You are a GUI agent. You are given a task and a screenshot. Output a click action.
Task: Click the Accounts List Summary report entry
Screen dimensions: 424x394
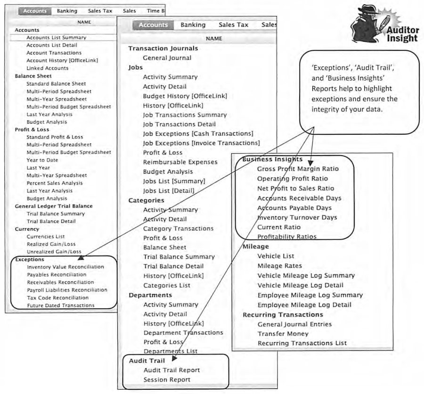(56, 38)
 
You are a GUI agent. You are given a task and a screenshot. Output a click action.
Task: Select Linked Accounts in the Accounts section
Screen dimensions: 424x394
(47, 68)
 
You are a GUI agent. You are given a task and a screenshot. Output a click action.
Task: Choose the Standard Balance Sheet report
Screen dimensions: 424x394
(56, 84)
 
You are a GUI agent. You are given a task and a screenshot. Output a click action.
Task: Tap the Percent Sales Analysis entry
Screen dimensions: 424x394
(55, 183)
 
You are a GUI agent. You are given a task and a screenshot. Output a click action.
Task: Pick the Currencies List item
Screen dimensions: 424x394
(46, 237)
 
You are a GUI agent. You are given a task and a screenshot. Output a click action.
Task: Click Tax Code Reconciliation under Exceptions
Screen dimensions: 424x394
(58, 298)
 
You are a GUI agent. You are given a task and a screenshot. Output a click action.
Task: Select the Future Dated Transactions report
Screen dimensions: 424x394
(61, 305)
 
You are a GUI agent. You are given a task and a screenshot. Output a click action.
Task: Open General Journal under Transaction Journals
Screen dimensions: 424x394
(167, 58)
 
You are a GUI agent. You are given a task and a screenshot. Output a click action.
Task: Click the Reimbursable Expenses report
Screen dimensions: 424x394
(180, 162)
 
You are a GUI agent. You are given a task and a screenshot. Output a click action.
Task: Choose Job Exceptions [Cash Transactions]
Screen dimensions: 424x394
(198, 134)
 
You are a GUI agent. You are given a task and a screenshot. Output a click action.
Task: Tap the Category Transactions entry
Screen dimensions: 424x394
(179, 229)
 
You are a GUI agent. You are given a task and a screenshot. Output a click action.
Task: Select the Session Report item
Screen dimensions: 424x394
(167, 380)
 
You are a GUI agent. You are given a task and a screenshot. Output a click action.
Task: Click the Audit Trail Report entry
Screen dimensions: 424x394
(171, 370)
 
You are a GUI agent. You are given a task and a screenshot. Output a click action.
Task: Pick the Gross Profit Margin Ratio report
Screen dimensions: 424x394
(298, 169)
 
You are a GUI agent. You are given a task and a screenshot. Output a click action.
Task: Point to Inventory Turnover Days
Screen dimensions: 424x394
(297, 218)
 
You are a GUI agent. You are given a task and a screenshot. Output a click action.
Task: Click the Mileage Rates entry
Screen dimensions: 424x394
(280, 266)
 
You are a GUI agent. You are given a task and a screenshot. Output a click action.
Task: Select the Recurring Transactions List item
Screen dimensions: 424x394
(302, 343)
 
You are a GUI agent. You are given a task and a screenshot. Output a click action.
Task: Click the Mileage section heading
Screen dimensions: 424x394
(256, 246)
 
